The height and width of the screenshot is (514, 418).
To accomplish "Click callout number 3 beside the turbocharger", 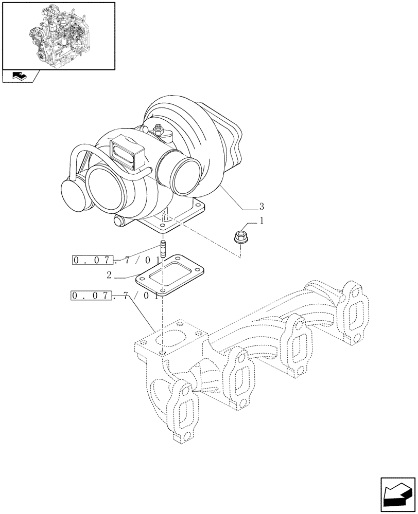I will [262, 207].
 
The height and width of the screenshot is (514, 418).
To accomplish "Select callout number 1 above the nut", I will [262, 222].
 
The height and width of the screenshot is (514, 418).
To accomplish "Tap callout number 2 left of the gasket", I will [109, 275].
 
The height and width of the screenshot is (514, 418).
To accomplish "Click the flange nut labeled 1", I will [240, 237].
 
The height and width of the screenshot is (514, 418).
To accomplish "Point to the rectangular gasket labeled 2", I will [170, 274].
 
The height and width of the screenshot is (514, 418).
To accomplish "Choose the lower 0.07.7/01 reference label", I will [110, 296].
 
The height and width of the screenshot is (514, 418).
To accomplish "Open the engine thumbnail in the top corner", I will [58, 34].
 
